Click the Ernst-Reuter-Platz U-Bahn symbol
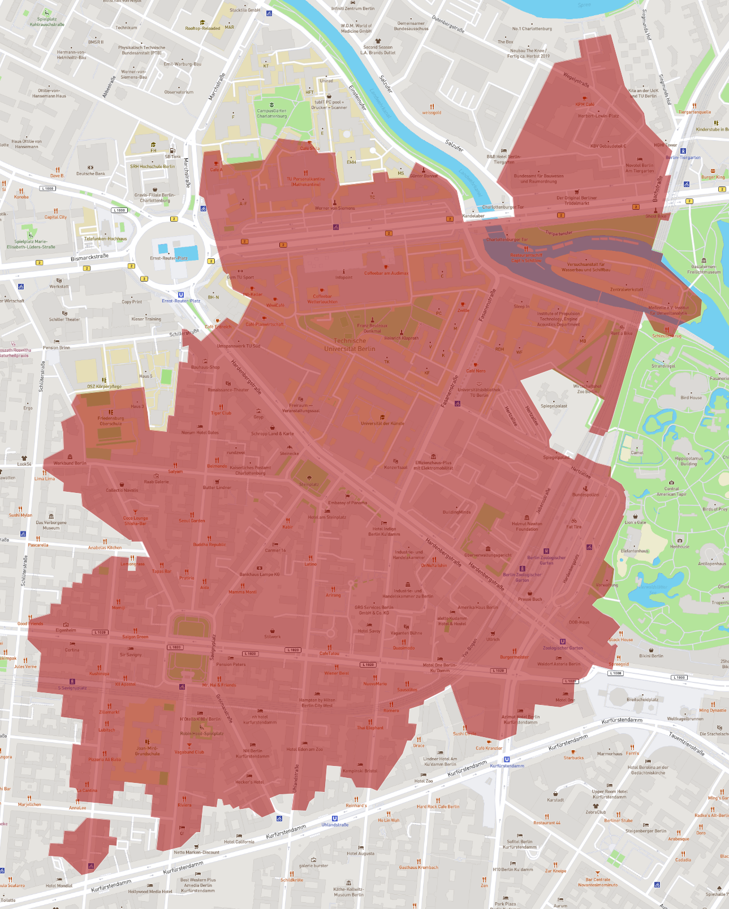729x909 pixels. (x=181, y=295)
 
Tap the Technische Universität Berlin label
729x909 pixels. (x=350, y=345)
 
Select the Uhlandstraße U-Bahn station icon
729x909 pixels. (x=335, y=818)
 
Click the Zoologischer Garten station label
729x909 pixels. (x=562, y=648)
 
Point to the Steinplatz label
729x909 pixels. (x=309, y=484)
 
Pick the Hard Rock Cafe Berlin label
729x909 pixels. (x=438, y=807)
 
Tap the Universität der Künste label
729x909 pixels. (x=382, y=423)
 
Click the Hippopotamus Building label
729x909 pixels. (x=688, y=461)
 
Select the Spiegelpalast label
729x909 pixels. (x=554, y=406)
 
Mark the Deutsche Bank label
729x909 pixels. (x=90, y=174)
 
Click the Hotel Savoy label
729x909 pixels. (x=369, y=631)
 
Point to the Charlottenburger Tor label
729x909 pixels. (x=503, y=207)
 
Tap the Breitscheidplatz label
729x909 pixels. (x=642, y=699)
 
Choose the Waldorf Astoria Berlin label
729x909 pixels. (x=558, y=664)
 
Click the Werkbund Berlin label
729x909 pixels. (x=70, y=463)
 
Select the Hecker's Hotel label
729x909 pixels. (x=249, y=782)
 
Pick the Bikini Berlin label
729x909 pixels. (x=651, y=656)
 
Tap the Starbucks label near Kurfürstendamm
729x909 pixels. (x=573, y=758)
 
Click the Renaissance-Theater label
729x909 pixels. (x=228, y=390)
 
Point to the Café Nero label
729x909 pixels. (x=475, y=371)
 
